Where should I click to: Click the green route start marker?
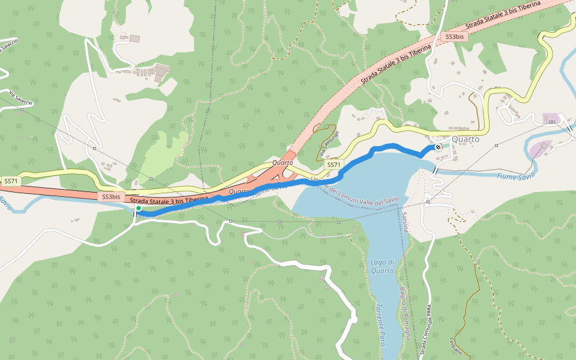pyautogui.click(x=138, y=208)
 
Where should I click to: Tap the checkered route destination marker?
pyautogui.click(x=439, y=146)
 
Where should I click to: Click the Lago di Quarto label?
pyautogui.click(x=382, y=266)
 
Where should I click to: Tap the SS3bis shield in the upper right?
pyautogui.click(x=454, y=37)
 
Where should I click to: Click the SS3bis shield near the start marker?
pyautogui.click(x=111, y=196)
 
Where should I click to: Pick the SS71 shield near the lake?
pyautogui.click(x=333, y=164)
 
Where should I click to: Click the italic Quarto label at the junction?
pyautogui.click(x=282, y=163)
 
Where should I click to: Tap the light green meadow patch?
pyautogui.click(x=159, y=154)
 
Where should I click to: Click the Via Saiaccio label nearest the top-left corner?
pyautogui.click(x=8, y=45)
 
